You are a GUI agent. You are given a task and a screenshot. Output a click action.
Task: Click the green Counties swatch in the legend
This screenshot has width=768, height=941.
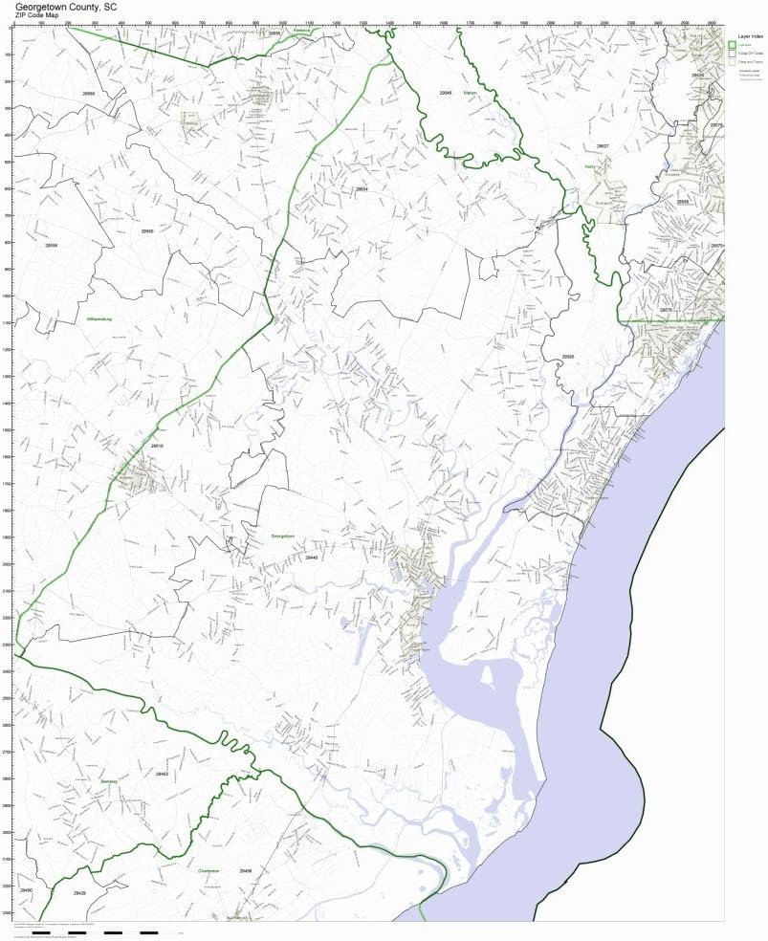pyautogui.click(x=732, y=44)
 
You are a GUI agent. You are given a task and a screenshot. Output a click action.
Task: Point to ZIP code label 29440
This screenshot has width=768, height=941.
pyautogui.click(x=312, y=557)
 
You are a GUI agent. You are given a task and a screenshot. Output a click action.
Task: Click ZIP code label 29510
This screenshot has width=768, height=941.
pyautogui.click(x=158, y=447)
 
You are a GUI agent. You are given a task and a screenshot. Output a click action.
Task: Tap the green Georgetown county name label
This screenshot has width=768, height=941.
pyautogui.click(x=284, y=536)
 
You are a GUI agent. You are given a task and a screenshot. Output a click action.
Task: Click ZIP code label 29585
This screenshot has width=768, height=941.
pyautogui.click(x=568, y=357)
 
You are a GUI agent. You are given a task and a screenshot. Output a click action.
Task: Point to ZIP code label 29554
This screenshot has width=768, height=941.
pyautogui.click(x=362, y=189)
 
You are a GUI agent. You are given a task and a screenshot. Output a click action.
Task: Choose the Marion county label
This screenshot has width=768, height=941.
pyautogui.click(x=469, y=93)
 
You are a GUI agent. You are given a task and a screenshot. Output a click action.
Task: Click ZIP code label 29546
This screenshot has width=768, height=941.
pyautogui.click(x=446, y=93)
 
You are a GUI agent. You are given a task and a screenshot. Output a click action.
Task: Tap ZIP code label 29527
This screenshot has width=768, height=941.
pyautogui.click(x=603, y=146)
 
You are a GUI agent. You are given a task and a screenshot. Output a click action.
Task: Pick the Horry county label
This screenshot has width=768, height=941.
pyautogui.click(x=589, y=166)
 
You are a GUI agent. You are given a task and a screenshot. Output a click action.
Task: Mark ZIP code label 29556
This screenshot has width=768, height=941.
pyautogui.click(x=52, y=246)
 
